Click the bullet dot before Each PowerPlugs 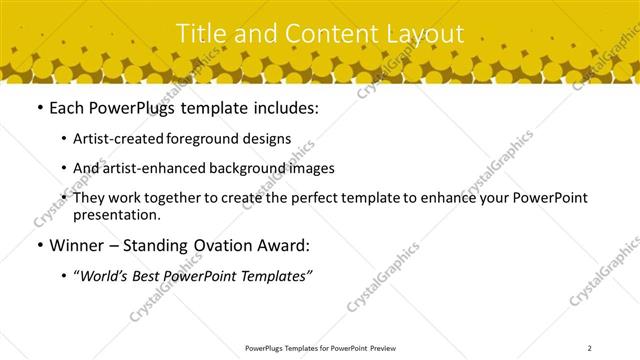(38, 108)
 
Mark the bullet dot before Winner (38, 245)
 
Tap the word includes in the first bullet (284, 108)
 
